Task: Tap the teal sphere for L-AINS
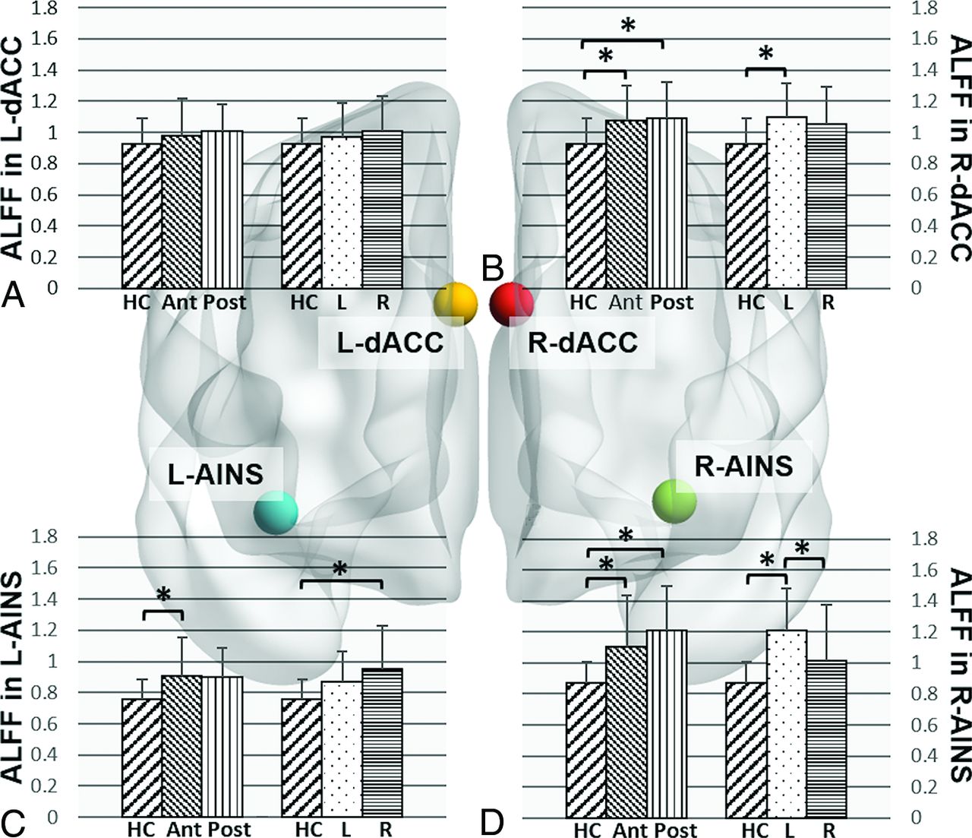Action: [x=276, y=512]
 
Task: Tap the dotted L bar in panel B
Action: [x=787, y=203]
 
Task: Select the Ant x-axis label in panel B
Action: [x=626, y=302]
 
